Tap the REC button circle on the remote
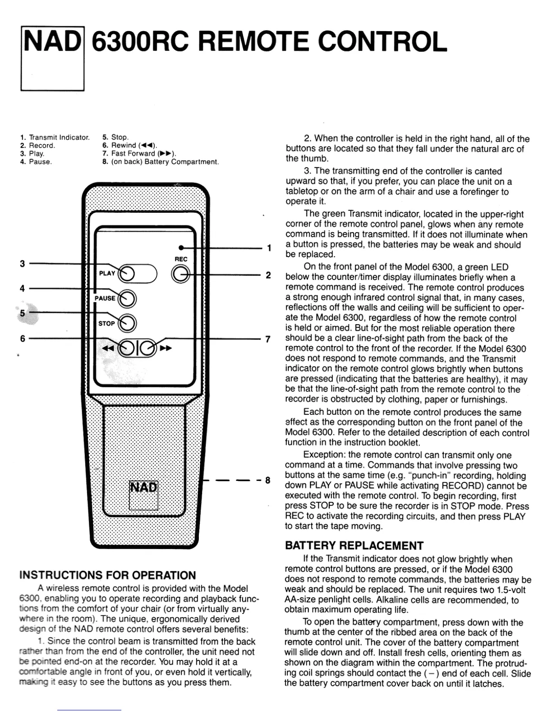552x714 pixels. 181,275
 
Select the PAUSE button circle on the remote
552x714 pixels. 128,298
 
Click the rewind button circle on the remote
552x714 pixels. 128,348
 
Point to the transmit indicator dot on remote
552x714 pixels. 181,247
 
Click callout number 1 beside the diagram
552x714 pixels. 269,248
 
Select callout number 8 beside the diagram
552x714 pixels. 267,480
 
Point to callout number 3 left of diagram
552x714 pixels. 22,264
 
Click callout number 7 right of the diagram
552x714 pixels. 268,339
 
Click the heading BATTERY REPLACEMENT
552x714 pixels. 354,545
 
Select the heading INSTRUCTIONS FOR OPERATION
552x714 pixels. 108,575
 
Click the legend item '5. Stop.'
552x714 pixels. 115,137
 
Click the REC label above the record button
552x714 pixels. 181,259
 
